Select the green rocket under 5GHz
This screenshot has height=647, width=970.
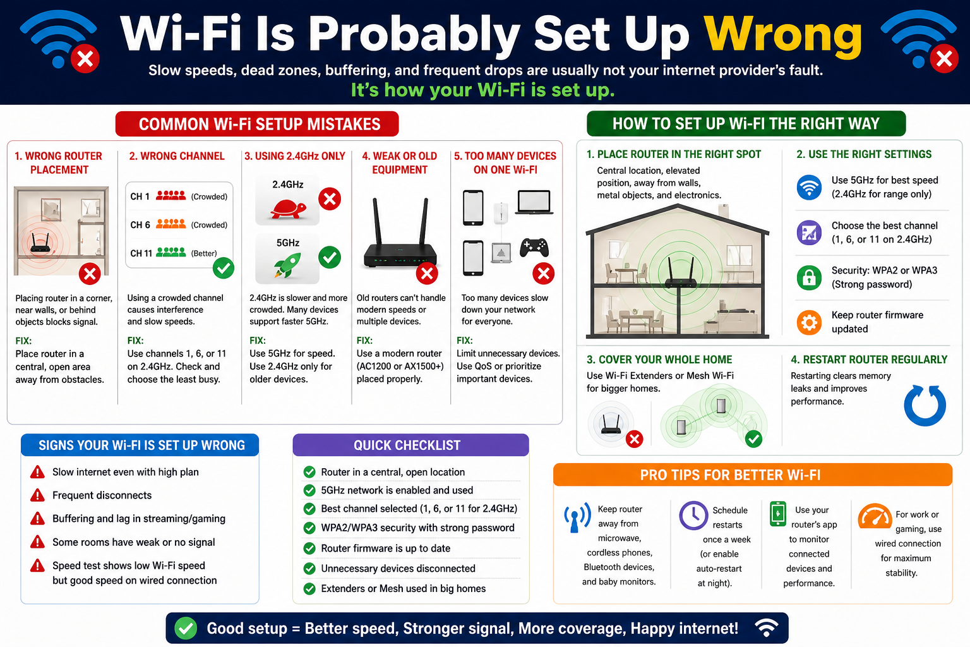[x=287, y=265]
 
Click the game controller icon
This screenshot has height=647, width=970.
[x=534, y=248]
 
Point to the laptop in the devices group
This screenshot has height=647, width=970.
[x=534, y=202]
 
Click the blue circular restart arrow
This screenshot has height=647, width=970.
[x=925, y=405]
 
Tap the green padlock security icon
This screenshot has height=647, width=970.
[x=809, y=277]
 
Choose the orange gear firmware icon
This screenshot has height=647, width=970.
[x=809, y=322]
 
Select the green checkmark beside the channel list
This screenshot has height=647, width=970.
[x=224, y=269]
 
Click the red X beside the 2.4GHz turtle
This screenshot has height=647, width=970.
[x=330, y=199]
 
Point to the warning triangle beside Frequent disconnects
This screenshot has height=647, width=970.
[x=38, y=495]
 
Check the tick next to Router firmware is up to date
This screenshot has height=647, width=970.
[x=309, y=548]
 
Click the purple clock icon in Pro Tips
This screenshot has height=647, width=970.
[x=693, y=516]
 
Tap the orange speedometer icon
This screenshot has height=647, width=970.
[x=875, y=516]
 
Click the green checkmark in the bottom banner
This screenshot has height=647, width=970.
[x=186, y=629]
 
